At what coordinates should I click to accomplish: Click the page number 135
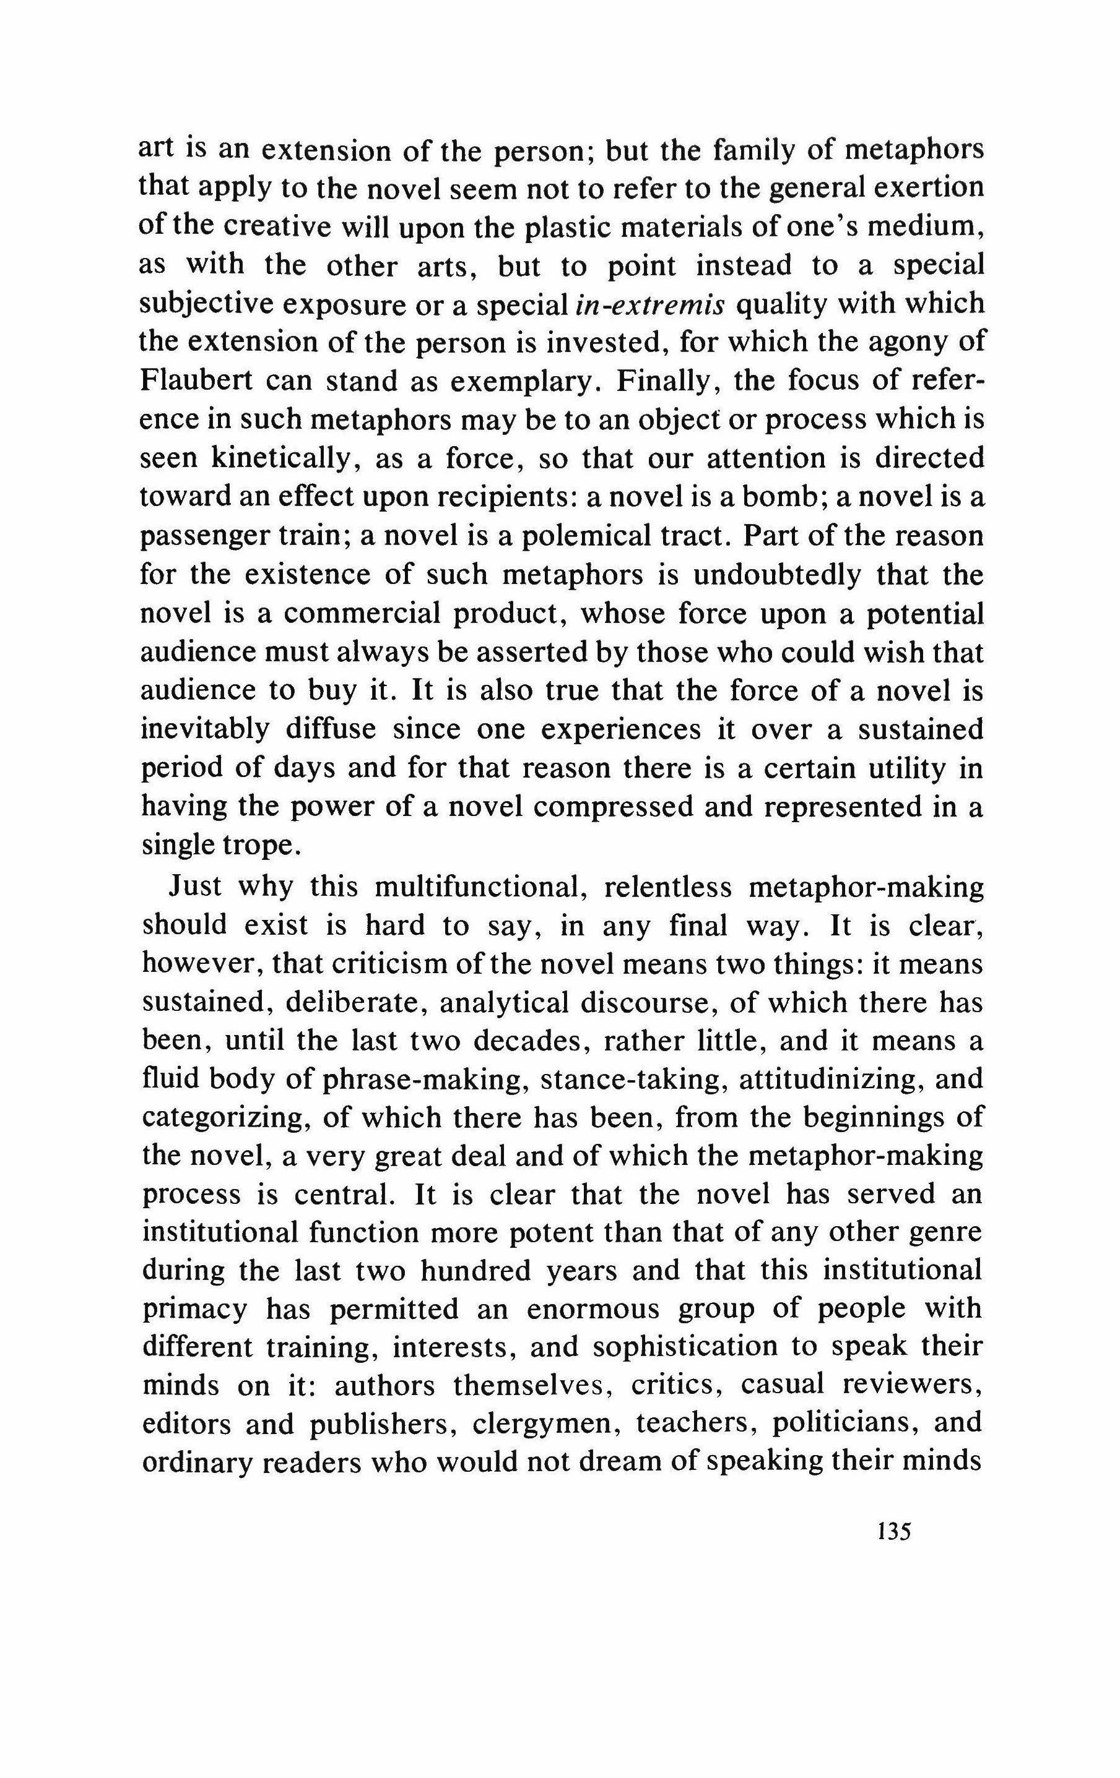point(894,1531)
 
